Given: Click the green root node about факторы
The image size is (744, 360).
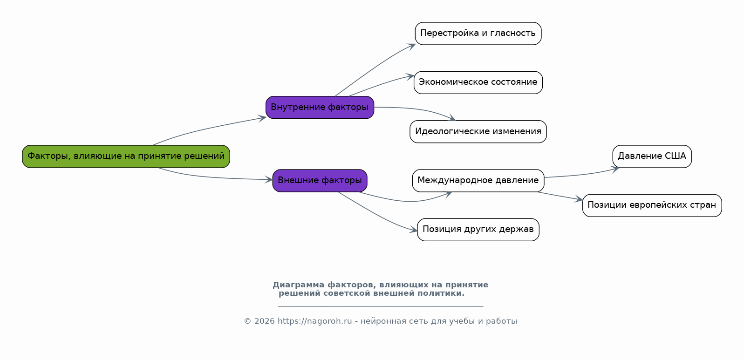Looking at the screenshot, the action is (x=126, y=156).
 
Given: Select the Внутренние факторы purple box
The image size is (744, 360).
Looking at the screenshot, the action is (x=320, y=107).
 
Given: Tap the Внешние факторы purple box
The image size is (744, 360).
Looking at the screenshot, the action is (x=320, y=181).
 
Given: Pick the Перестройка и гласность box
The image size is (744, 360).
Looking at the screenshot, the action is (x=478, y=34).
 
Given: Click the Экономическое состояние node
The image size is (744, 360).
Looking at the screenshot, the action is (x=478, y=82).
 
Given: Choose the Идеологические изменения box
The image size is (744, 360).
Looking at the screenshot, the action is (x=478, y=131).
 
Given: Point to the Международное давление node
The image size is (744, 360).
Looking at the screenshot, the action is (x=478, y=181).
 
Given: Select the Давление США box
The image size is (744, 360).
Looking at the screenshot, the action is (x=652, y=156).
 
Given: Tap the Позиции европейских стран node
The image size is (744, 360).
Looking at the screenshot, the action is (x=652, y=205).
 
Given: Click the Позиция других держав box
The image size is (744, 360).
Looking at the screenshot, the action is (x=478, y=230).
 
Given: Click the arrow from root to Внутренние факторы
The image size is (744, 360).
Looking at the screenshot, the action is (x=209, y=128).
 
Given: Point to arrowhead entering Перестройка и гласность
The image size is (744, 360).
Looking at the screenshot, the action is (x=412, y=46).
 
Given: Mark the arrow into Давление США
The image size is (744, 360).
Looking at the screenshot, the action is (x=581, y=174).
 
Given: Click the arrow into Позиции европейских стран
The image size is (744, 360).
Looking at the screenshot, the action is (x=560, y=196).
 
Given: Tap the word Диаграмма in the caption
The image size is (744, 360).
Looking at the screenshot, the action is (x=298, y=285).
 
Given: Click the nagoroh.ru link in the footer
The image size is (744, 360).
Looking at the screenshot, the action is (x=314, y=321).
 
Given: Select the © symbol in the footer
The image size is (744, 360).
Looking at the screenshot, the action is (x=247, y=321).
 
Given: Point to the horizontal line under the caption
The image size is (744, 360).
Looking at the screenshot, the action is (x=381, y=306).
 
